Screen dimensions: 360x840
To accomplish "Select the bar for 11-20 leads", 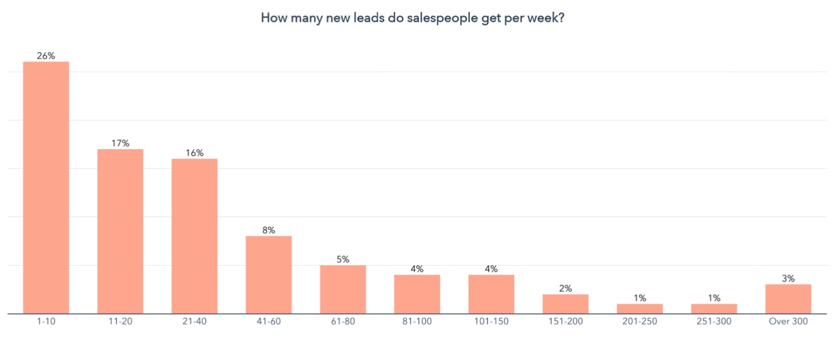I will click(120, 231).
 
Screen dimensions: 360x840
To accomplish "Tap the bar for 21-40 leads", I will click(195, 236).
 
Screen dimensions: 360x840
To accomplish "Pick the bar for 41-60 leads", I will click(269, 275).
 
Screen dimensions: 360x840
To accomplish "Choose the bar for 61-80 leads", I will click(343, 289).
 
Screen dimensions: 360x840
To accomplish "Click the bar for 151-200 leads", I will click(565, 304).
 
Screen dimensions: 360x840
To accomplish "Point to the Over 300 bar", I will click(788, 299).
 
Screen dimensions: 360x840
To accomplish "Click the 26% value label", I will click(46, 55).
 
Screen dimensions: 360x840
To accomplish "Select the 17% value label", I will click(120, 143).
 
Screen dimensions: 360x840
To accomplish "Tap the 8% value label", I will click(269, 230).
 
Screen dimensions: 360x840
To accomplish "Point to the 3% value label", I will click(788, 278).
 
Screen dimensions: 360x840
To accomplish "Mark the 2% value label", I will click(565, 288).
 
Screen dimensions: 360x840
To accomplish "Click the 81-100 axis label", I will click(417, 321).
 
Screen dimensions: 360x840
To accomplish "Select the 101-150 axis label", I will click(491, 321).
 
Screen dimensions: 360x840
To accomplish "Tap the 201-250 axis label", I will click(640, 321).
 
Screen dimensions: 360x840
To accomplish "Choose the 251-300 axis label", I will click(714, 321).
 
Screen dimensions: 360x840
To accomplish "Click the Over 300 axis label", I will click(788, 321).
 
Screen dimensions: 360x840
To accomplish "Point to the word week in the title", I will click(543, 18).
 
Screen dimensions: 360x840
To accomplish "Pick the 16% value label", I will click(195, 153).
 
